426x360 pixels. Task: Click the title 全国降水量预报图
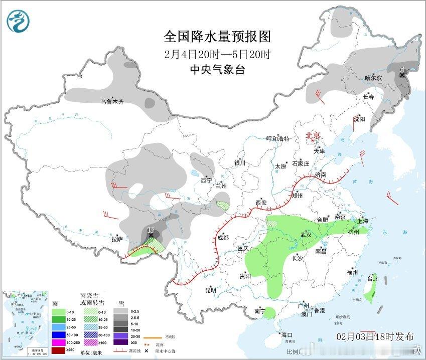coord(217,37)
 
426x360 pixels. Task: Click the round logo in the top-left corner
coord(19,21)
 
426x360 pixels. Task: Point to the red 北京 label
coord(314,135)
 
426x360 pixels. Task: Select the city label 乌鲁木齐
coord(111,102)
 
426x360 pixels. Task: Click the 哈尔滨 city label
coord(373,78)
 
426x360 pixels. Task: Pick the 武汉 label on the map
coord(306,235)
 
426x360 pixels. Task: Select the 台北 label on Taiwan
coord(373,278)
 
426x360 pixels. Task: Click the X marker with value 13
coord(151,235)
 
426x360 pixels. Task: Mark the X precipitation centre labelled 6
coord(402,75)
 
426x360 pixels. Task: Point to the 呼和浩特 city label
coord(277,139)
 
